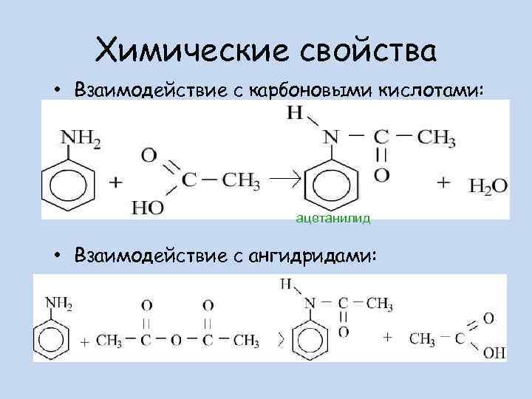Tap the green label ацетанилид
coord(332,219)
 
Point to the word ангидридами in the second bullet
coord(313,256)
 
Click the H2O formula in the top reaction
coord(488,186)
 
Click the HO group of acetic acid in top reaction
coord(148,208)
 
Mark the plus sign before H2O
coord(443,182)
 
